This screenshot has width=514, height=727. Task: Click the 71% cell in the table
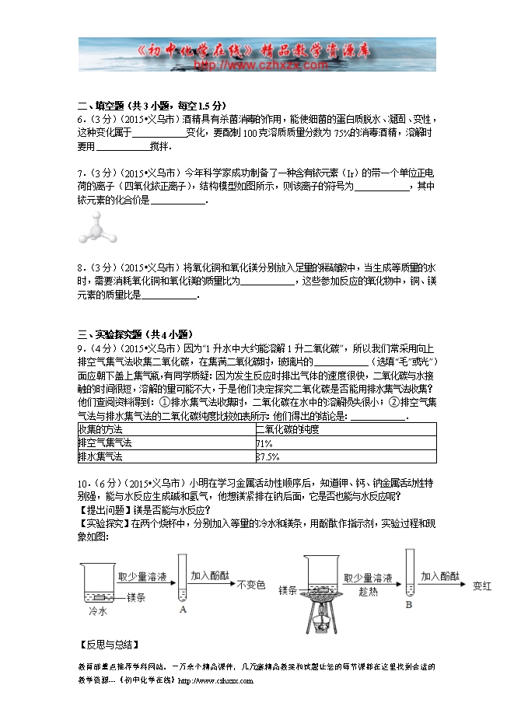[x=264, y=442]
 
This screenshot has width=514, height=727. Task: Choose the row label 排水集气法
[x=100, y=456]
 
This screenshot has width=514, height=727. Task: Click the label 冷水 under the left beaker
[x=97, y=612]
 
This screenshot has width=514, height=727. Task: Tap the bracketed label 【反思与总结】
[x=110, y=645]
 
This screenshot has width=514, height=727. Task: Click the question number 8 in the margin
[x=81, y=267]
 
